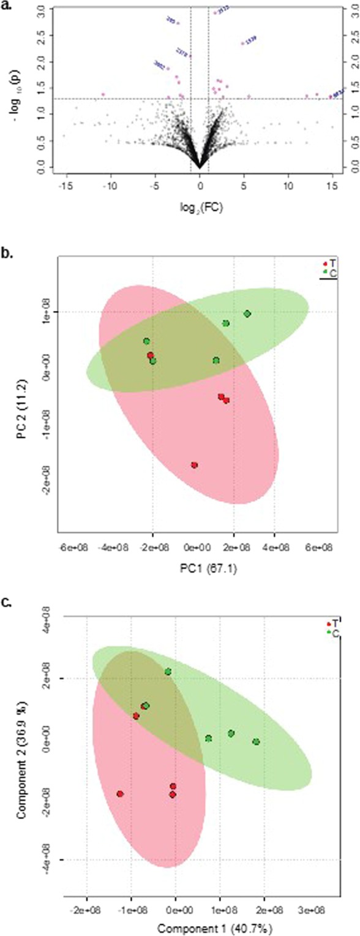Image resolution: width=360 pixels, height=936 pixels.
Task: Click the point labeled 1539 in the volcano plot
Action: pyautogui.click(x=243, y=43)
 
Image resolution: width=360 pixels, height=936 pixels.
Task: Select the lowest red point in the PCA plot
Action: pyautogui.click(x=194, y=465)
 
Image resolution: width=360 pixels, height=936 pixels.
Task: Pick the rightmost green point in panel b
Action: pyautogui.click(x=247, y=314)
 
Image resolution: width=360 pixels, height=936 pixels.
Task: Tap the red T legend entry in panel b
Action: pyautogui.click(x=329, y=262)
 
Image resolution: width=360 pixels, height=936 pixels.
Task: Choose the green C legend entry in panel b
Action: pyautogui.click(x=329, y=271)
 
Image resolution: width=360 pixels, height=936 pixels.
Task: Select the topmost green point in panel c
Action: pyautogui.click(x=168, y=672)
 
